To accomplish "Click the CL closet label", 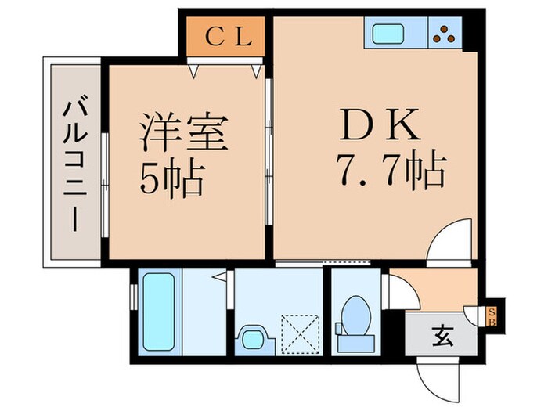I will click(229, 37).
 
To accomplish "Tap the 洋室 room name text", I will click(184, 133).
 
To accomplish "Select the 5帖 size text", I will click(172, 180).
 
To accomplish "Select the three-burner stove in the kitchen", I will click(446, 34).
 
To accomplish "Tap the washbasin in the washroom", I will click(252, 339).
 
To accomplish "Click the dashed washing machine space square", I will click(301, 333).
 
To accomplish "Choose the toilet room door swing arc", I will click(401, 291).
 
